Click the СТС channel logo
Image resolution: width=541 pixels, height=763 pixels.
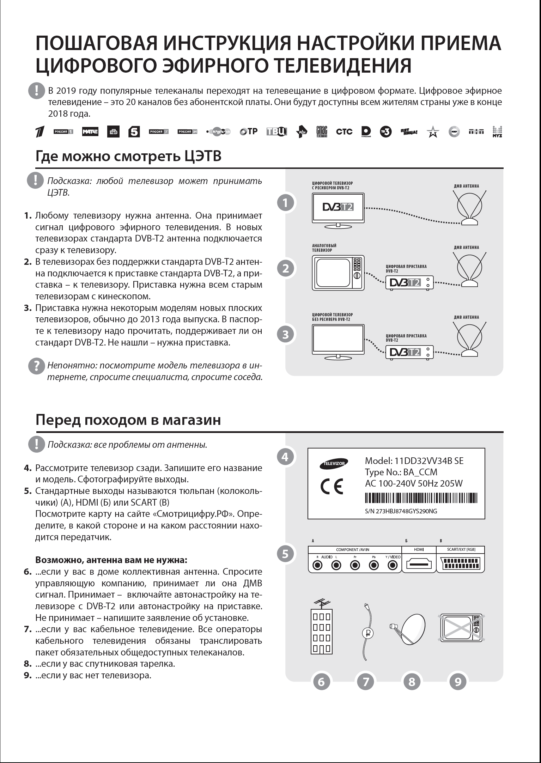coord(344,132)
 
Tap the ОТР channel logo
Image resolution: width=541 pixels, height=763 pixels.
coord(248,132)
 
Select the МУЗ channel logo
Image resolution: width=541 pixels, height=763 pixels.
coord(497,132)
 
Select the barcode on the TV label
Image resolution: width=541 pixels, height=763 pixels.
coord(421,498)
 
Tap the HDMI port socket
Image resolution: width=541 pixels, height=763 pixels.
coord(419,565)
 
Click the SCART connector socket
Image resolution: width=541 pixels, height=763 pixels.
coord(461,565)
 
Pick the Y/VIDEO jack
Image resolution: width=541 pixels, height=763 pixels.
coord(393,565)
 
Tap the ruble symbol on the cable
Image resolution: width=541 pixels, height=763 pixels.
coord(367,633)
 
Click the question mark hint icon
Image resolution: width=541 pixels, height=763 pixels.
coord(36,366)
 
